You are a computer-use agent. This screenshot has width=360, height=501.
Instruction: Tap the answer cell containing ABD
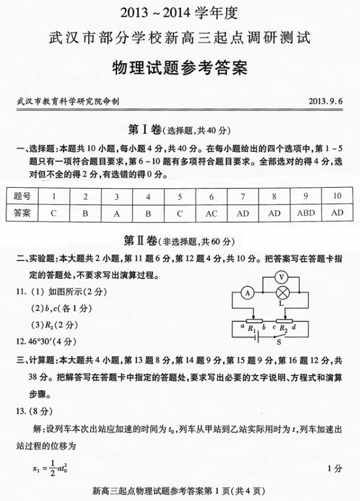[x=305, y=212]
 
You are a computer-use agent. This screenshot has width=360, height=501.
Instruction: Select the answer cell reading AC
[x=212, y=212]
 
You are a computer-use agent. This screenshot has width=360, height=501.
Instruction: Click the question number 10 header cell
[x=337, y=196]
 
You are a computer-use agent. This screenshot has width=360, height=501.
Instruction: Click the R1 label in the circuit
[x=253, y=328]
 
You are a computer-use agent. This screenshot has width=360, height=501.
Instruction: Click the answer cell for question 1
[x=53, y=212]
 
